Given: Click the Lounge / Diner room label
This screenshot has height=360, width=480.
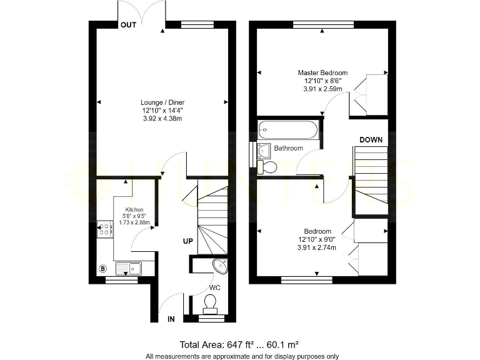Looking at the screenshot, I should click(162, 102).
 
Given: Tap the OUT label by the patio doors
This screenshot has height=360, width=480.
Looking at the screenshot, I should click(128, 25).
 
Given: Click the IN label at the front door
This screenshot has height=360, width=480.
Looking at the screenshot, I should click(171, 319).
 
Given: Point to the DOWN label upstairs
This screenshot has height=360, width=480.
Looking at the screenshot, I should click(371, 140).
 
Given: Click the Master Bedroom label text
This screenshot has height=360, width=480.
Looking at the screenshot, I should click(322, 73).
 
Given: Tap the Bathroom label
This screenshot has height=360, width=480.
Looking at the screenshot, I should click(288, 148).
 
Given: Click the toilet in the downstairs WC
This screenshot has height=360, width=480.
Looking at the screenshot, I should click(210, 304).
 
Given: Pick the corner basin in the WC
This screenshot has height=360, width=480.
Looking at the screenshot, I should click(220, 266).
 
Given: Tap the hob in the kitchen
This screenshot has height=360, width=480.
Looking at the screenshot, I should click(105, 228).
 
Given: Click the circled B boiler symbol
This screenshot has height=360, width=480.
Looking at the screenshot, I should click(102, 269).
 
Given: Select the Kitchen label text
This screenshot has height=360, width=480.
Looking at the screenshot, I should click(134, 209).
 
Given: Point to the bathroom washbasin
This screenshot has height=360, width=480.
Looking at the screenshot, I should click(264, 149).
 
